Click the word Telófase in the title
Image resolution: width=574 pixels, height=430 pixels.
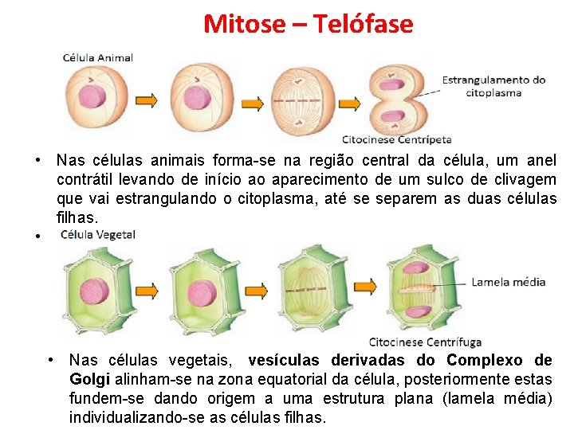tap(363, 24)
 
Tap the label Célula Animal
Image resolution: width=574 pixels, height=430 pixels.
tap(98, 57)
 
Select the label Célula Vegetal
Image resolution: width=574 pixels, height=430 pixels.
tap(98, 235)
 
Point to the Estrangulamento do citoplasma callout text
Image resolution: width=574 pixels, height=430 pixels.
tap(494, 86)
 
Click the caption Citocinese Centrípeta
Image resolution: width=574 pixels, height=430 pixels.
tap(396, 140)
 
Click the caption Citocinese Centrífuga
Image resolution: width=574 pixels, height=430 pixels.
tap(425, 342)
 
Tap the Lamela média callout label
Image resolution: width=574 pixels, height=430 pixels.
tap(509, 282)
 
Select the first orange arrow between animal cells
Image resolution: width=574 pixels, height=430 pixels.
tap(146, 100)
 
